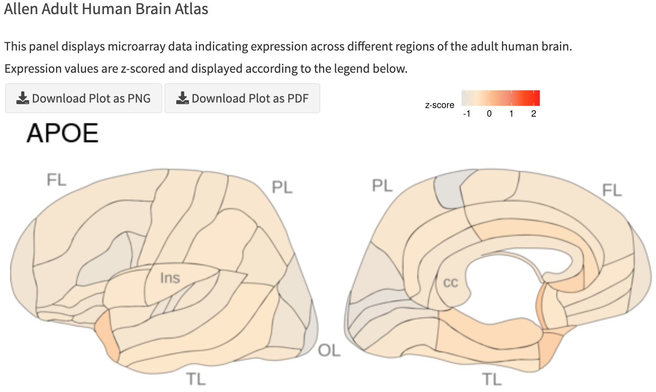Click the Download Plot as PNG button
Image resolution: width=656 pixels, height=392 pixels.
[x=83, y=98]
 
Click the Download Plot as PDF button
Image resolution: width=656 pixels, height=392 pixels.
[x=242, y=98]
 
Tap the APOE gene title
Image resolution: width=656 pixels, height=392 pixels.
[x=62, y=133]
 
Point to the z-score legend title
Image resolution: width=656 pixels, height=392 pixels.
[x=439, y=105]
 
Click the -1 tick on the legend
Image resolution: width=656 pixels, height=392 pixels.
[x=467, y=114]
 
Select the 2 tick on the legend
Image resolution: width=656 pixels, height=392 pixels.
[x=533, y=114]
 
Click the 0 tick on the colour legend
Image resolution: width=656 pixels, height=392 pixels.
[x=489, y=114]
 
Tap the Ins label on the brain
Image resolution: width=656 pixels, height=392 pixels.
[x=170, y=277]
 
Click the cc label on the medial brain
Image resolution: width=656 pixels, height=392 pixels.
[x=450, y=282]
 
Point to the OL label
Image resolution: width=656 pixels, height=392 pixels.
[x=329, y=350]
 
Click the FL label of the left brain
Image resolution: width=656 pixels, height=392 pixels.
[x=57, y=179]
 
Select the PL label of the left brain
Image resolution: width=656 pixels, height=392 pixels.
[x=282, y=187]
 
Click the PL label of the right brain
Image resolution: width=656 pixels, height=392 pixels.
[x=382, y=185]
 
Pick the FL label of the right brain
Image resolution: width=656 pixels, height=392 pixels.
[x=612, y=190]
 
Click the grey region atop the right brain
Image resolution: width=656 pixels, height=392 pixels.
[x=453, y=189]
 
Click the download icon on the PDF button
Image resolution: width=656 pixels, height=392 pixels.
[x=182, y=98]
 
